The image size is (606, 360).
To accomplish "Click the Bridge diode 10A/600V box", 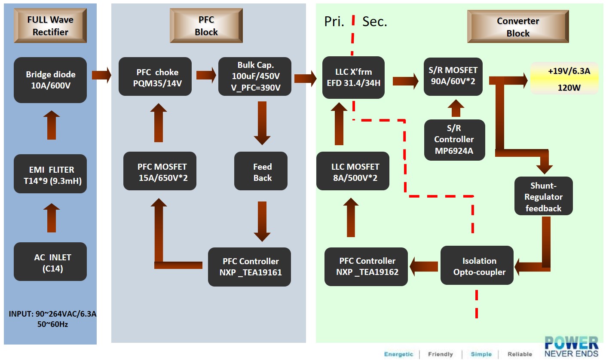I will click(x=50, y=80).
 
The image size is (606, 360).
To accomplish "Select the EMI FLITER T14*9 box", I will click(x=50, y=175).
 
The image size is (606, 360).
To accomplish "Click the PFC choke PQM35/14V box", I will click(x=155, y=76).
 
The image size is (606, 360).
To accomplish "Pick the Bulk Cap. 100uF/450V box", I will click(x=255, y=76).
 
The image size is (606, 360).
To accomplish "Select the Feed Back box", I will click(x=261, y=171).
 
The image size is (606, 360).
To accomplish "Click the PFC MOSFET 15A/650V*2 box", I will click(x=160, y=171).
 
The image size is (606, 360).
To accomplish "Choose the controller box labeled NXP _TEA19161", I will click(x=249, y=267).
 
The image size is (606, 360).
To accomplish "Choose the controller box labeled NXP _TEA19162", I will click(x=366, y=266).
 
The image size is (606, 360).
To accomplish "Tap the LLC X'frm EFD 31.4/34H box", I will click(x=353, y=77).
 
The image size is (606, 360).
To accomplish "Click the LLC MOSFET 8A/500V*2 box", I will click(x=352, y=171).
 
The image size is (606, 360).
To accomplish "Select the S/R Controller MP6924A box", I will click(x=454, y=140).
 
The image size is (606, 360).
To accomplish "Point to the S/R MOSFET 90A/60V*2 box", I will click(x=453, y=76).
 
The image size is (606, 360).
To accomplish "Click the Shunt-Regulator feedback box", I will click(x=543, y=196).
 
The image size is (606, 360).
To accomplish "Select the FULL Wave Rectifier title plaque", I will click(x=50, y=26).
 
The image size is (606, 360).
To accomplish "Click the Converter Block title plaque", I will click(x=518, y=27).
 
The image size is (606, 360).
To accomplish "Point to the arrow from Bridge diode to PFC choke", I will click(x=101, y=76).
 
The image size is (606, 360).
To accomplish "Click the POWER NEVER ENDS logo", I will click(x=571, y=346).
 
